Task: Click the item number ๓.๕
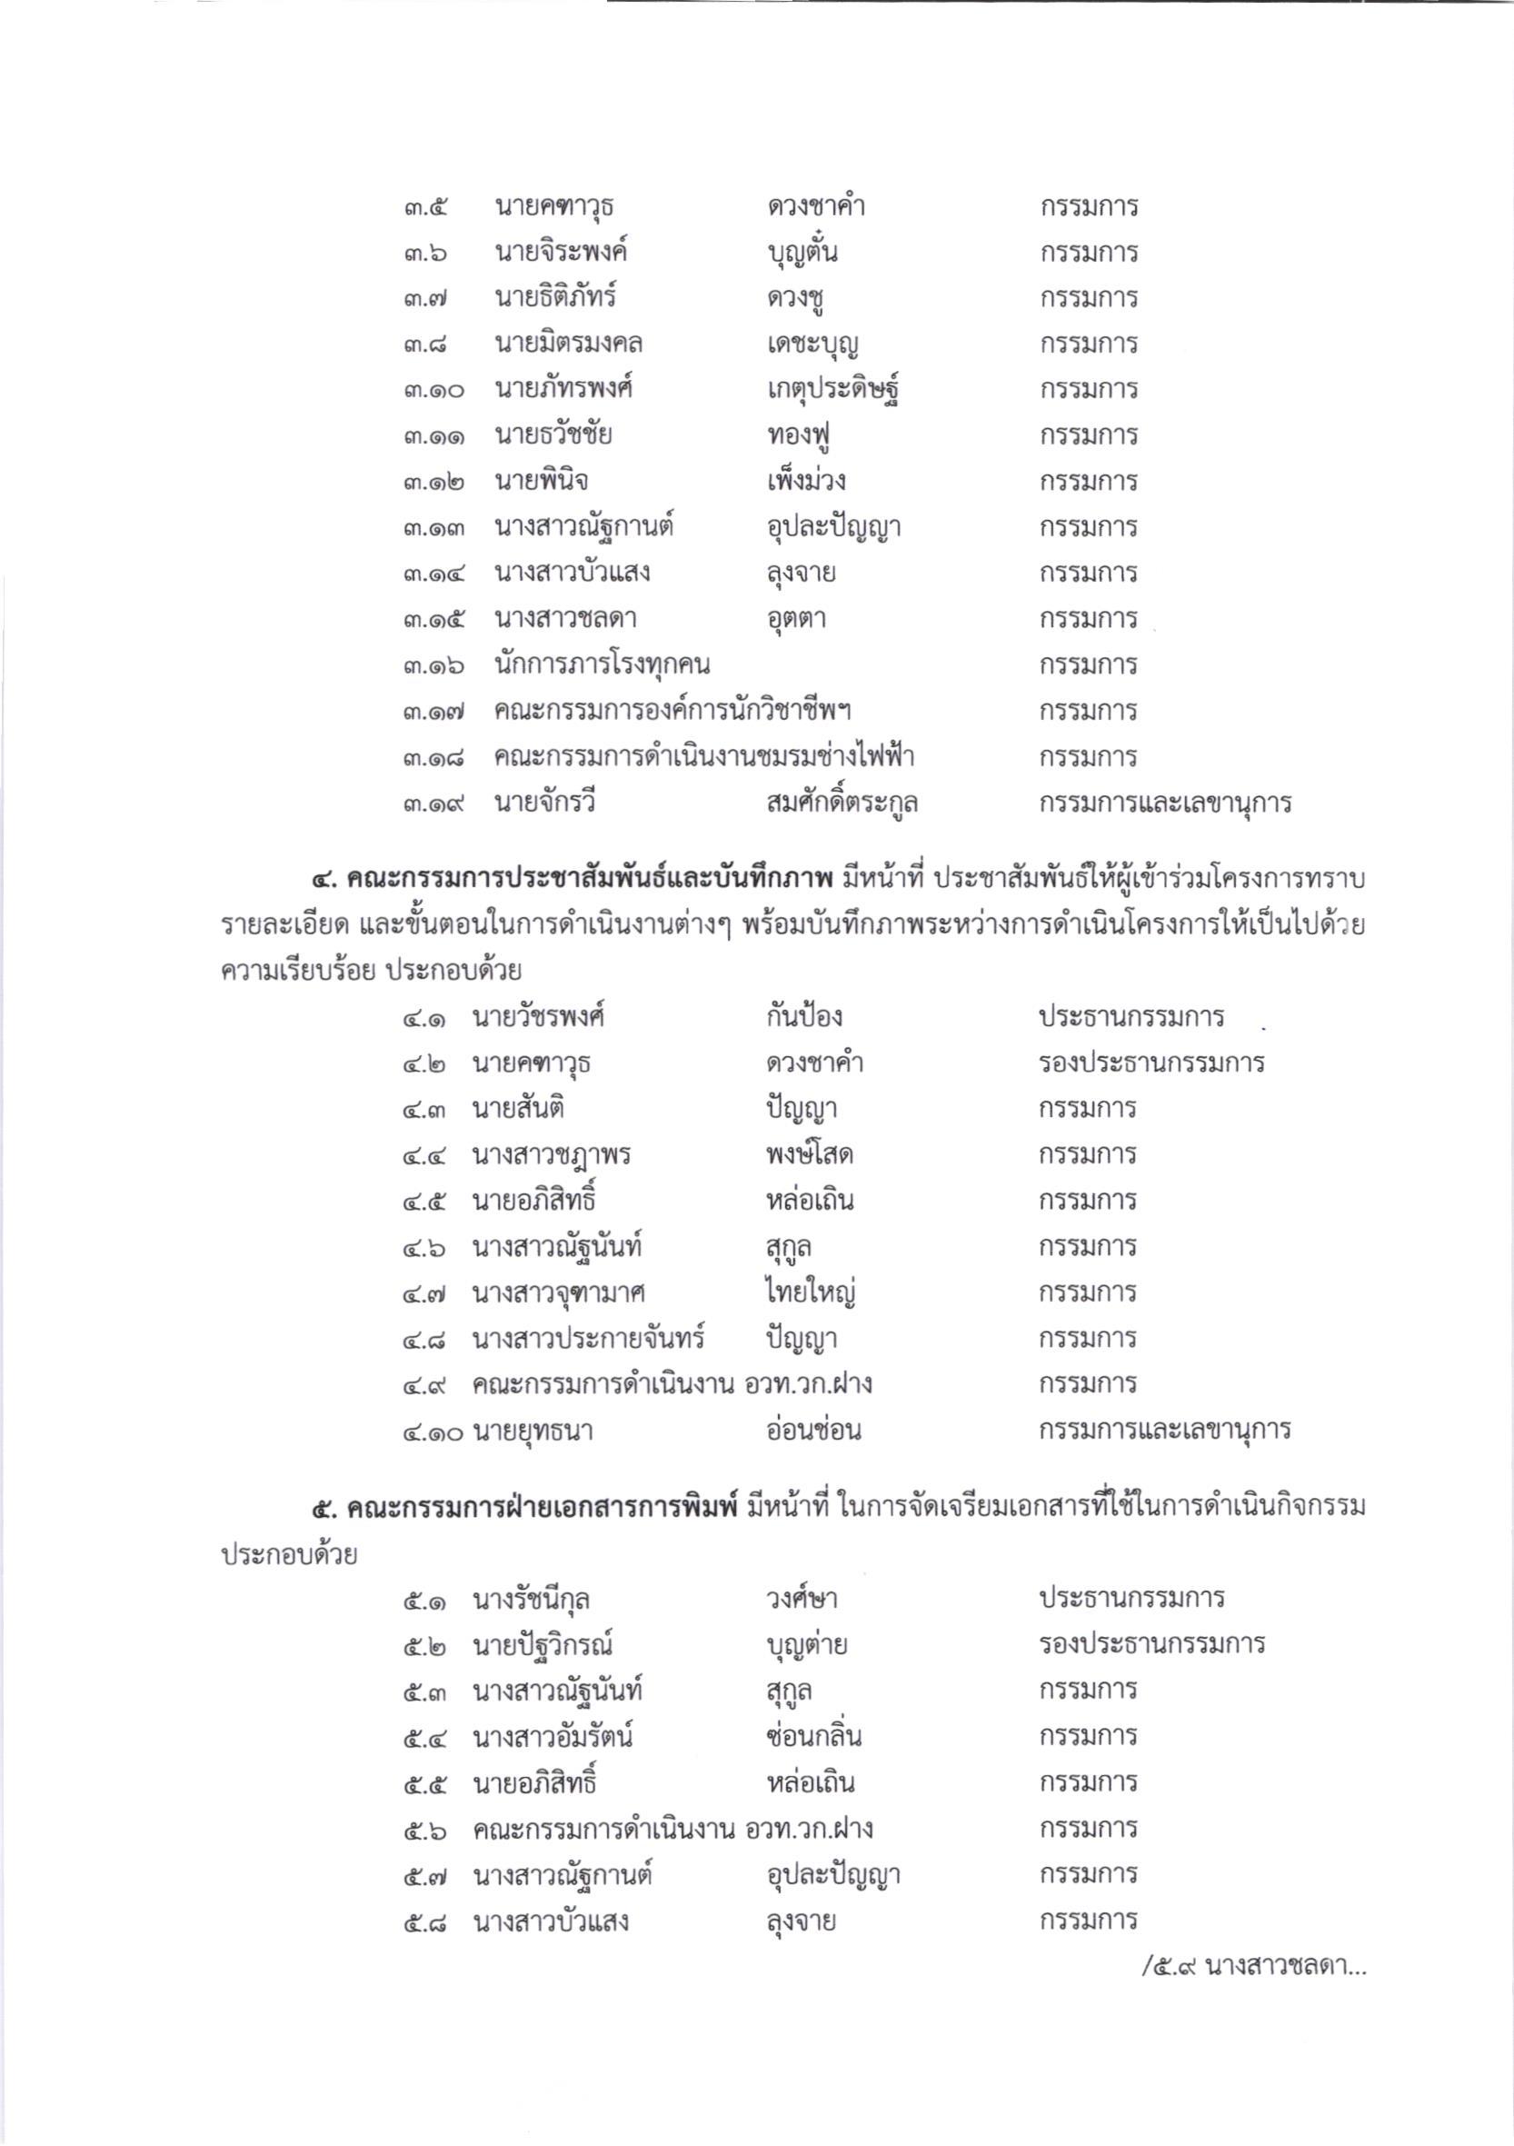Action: pos(426,207)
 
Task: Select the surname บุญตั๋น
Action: pos(800,254)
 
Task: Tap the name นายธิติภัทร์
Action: pos(555,299)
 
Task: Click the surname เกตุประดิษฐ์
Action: pos(832,391)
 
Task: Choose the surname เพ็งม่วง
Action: pos(804,483)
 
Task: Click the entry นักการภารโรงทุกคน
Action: pos(602,665)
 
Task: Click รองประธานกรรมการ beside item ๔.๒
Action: pos(1151,1063)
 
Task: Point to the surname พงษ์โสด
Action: pos(809,1155)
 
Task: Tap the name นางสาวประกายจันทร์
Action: pos(588,1339)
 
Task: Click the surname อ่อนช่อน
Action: pos(812,1430)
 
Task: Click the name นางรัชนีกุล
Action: pos(530,1598)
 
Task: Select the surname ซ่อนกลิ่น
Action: pos(812,1737)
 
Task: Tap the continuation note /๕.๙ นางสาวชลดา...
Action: pos(1253,1969)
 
